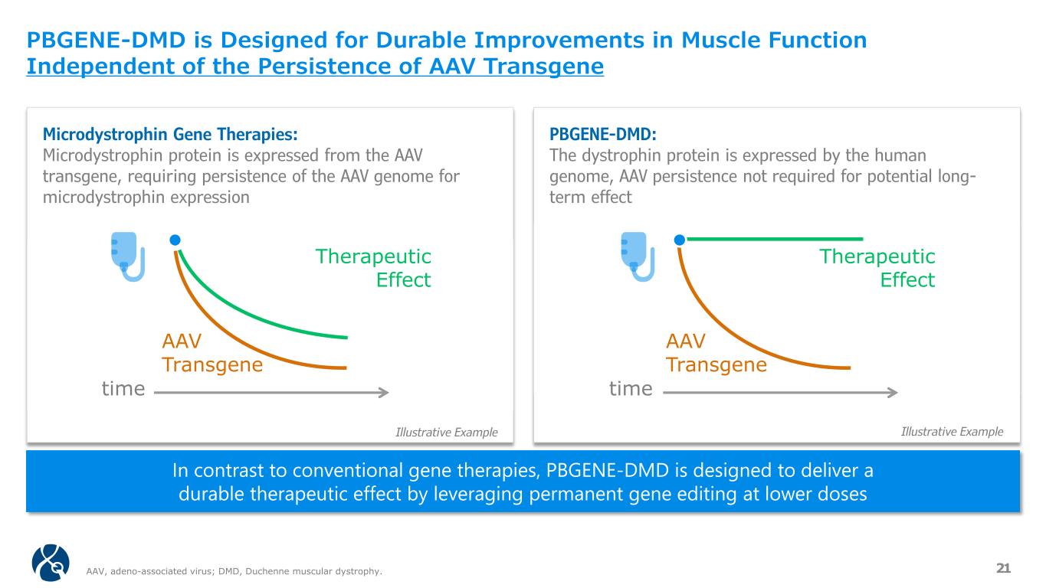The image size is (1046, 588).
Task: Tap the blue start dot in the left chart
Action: coord(175,240)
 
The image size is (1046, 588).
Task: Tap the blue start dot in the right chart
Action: coord(679,240)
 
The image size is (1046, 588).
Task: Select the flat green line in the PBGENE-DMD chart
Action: coord(774,239)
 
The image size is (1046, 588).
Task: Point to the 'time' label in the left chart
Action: coord(123,390)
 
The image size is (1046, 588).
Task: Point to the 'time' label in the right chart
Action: coord(631,390)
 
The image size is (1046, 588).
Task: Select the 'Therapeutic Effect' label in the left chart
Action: coord(374,268)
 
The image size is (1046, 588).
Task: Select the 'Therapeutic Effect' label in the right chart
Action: coord(878,268)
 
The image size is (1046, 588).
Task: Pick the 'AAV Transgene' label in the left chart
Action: coord(211,353)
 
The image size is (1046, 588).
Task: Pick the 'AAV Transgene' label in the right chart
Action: coord(716,353)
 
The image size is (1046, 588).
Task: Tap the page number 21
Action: coord(1003,567)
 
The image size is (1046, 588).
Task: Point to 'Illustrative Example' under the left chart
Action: coord(446,433)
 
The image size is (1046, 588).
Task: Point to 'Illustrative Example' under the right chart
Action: coord(952,432)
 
